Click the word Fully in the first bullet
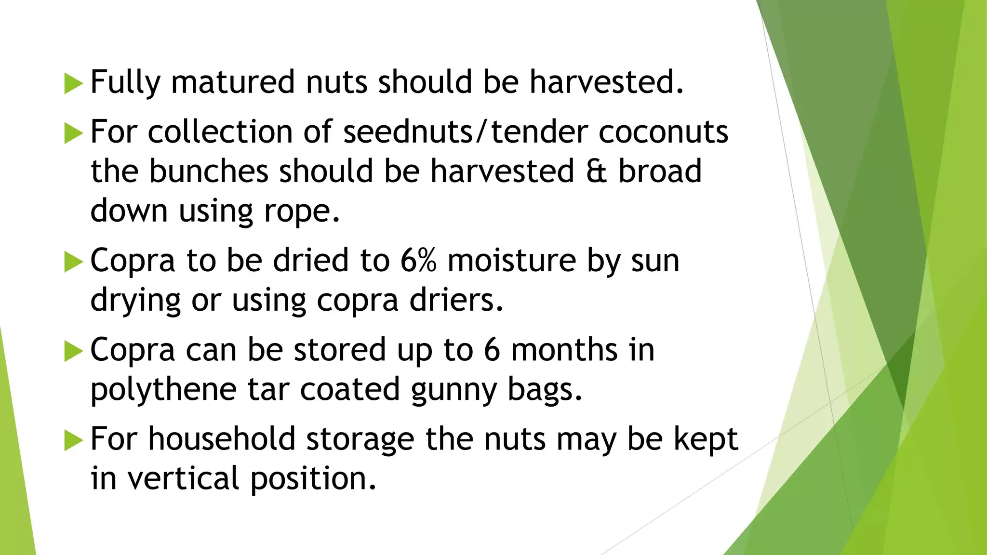125,83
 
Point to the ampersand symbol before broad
597,172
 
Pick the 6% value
418,261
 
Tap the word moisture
512,261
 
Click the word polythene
163,390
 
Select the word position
313,479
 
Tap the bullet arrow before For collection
74,133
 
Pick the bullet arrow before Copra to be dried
74,262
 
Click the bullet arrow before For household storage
74,440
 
